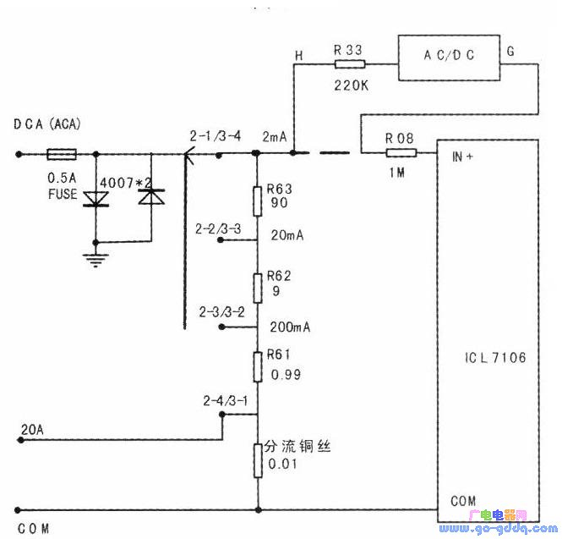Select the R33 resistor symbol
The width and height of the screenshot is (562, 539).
(x=349, y=64)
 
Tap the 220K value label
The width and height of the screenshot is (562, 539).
(x=349, y=85)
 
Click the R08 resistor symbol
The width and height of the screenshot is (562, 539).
(x=401, y=153)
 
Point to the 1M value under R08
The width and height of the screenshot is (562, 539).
(x=400, y=173)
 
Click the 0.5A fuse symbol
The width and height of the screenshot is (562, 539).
(x=62, y=154)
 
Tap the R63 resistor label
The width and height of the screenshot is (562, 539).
(x=279, y=190)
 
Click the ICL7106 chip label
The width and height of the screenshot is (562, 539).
(x=495, y=358)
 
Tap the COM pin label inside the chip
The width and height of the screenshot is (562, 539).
(x=462, y=501)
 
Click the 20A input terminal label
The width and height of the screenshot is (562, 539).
(x=30, y=431)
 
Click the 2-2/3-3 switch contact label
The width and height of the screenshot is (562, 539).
(x=218, y=228)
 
